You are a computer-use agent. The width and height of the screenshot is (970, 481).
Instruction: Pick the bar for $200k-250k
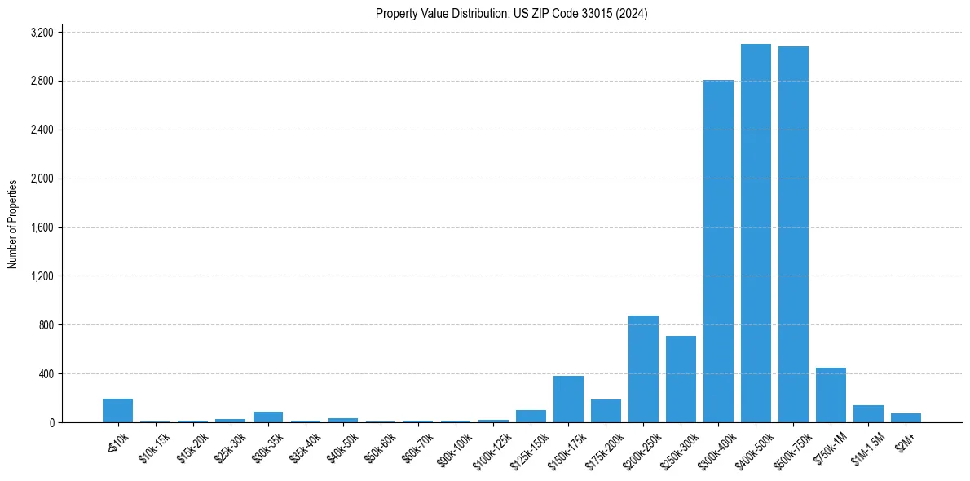point(643,369)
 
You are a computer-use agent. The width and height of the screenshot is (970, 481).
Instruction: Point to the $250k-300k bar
point(681,379)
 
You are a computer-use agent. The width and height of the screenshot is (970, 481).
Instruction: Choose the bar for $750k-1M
point(831,395)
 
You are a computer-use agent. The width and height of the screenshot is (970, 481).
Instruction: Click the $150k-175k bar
point(568,399)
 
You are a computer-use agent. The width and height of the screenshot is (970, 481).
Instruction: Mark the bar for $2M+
point(906,418)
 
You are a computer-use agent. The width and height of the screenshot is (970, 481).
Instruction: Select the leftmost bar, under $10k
point(118,411)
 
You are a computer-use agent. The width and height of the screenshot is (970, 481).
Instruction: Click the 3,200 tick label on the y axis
point(42,33)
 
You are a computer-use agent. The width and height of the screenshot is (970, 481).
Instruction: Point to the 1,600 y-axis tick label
point(42,227)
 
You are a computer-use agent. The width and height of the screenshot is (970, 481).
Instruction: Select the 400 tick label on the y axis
point(46,374)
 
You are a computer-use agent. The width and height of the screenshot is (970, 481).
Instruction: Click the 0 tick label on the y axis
point(51,423)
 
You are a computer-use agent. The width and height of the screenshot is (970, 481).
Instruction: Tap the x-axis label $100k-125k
point(492,446)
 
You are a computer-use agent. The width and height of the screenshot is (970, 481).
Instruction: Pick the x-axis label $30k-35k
point(267,444)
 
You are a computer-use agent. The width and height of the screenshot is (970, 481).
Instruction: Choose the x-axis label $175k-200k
point(604,446)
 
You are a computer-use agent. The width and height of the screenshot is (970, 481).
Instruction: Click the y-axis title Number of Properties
point(12,224)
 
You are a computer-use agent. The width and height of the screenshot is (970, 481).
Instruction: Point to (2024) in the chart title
point(633,14)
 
